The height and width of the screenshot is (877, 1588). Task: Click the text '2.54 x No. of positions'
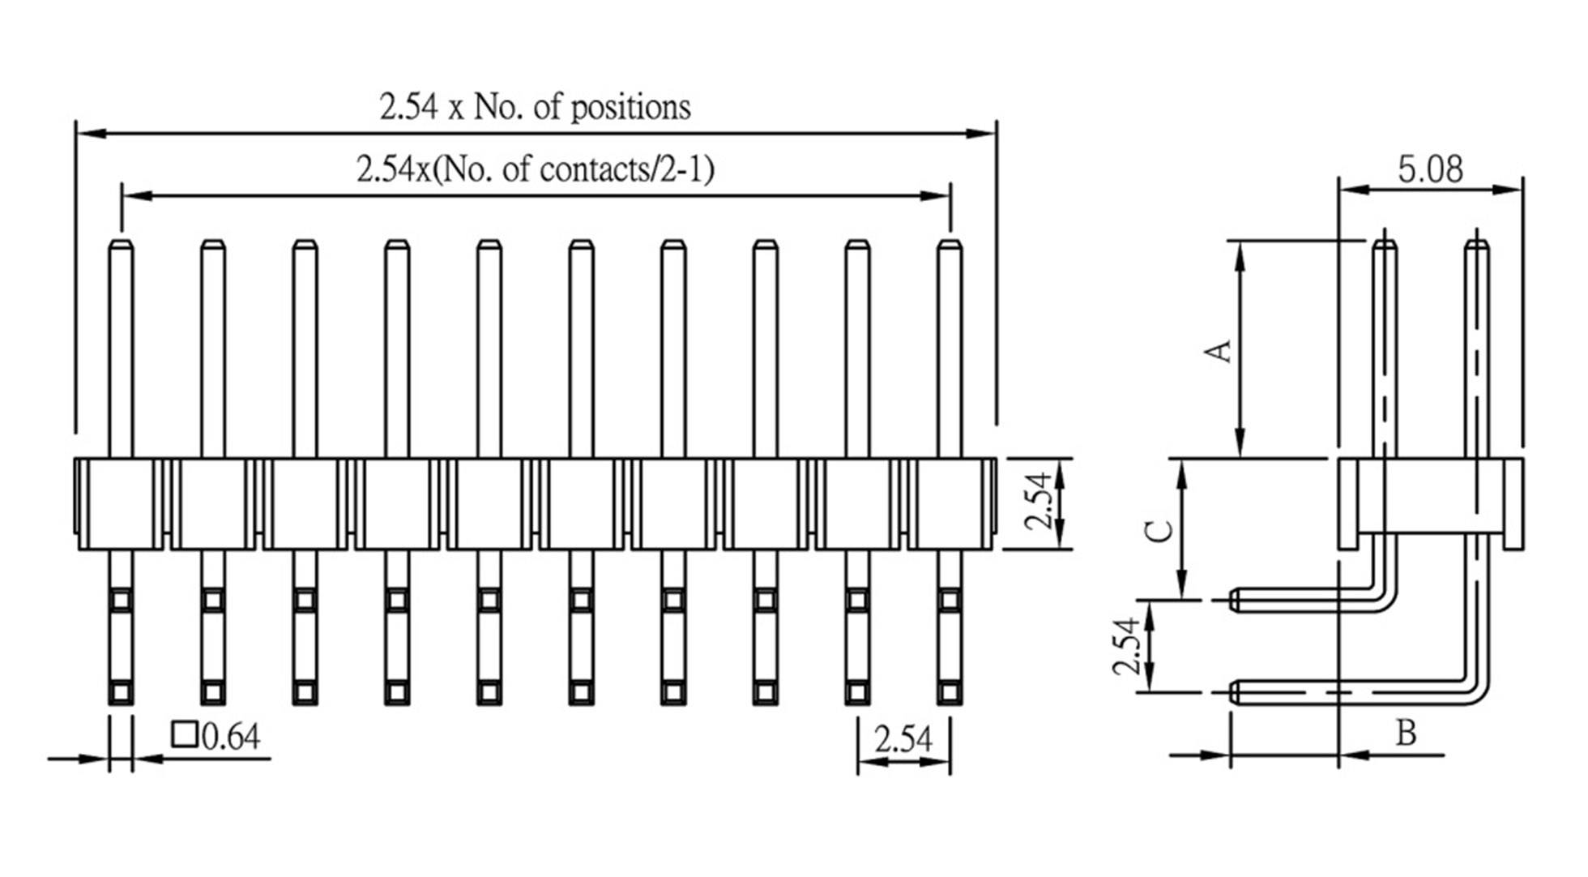coord(535,107)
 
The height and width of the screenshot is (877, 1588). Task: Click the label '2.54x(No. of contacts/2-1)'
coord(535,170)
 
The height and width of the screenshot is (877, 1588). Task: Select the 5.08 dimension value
coord(1430,169)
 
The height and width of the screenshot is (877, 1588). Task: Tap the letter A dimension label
coord(1219,351)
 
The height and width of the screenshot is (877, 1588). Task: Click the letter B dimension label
coord(1407,733)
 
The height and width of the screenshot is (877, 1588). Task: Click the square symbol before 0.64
coord(184,734)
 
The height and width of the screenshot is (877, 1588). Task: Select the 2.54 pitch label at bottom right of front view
coord(903,739)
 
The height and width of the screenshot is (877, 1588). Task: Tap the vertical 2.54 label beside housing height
coord(1039,503)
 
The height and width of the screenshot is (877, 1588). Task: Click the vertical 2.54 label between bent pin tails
coord(1126,646)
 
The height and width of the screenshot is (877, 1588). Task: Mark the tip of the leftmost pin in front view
coord(121,243)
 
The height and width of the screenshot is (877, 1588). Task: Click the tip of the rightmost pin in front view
coord(950,243)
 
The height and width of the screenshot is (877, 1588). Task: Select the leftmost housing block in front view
coord(120,503)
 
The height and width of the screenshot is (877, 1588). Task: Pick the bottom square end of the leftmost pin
coord(121,692)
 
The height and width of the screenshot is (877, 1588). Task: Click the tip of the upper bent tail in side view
coord(1235,600)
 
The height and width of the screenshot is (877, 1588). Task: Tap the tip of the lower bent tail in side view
coord(1235,692)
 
